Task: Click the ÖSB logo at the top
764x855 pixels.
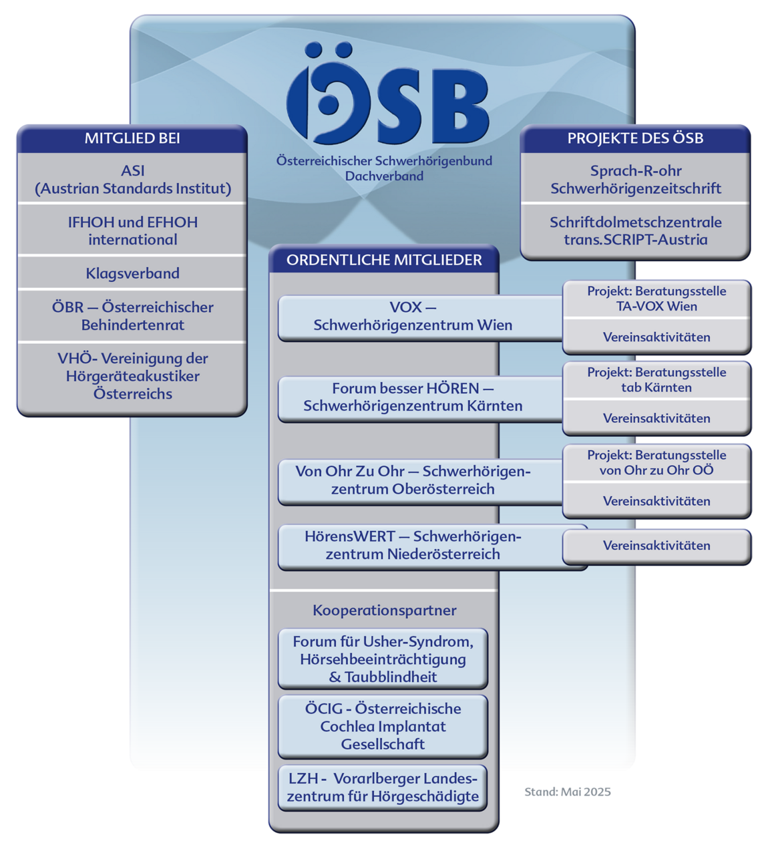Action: pyautogui.click(x=387, y=94)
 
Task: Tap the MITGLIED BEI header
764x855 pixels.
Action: pyautogui.click(x=132, y=138)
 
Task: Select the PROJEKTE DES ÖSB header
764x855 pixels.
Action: pyautogui.click(x=635, y=138)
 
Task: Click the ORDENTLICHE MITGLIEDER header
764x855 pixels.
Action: pyautogui.click(x=384, y=260)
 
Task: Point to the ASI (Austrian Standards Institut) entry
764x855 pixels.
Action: pyautogui.click(x=132, y=180)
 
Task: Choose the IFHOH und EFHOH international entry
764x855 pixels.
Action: pyautogui.click(x=132, y=230)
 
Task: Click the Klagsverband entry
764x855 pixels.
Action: pyautogui.click(x=132, y=273)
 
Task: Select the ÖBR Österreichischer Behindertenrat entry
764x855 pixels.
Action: pyautogui.click(x=132, y=316)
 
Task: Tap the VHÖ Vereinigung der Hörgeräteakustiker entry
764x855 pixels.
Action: pyautogui.click(x=132, y=375)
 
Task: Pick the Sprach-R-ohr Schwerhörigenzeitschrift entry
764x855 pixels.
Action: pyautogui.click(x=635, y=180)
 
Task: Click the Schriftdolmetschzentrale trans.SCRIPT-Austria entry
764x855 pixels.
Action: pyautogui.click(x=635, y=230)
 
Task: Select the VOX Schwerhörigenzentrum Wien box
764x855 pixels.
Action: pyautogui.click(x=420, y=318)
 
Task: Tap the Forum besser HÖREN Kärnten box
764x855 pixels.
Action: pyautogui.click(x=420, y=399)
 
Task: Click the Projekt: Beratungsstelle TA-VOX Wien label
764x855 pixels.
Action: pyautogui.click(x=656, y=299)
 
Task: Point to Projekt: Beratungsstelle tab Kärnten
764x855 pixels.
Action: pyautogui.click(x=656, y=379)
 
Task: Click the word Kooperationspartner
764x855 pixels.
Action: pyautogui.click(x=384, y=611)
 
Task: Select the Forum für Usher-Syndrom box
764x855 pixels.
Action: pyautogui.click(x=383, y=659)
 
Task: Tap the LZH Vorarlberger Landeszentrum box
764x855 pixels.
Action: pyautogui.click(x=383, y=788)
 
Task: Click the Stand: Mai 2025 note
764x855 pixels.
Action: pyautogui.click(x=568, y=792)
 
